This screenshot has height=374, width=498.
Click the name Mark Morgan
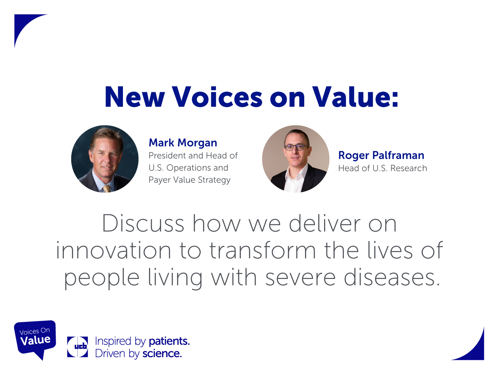coord(182,143)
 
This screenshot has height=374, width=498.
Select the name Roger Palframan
coord(381,155)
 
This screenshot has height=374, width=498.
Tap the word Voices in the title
coord(217,97)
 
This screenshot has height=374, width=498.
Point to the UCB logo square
coord(77,347)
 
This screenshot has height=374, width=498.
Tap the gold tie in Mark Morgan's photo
coord(107,188)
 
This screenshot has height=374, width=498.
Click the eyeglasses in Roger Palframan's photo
coord(297,147)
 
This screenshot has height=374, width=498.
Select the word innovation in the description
coord(113,251)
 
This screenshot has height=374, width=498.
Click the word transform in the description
coord(263,251)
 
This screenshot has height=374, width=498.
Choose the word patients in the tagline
coord(169,341)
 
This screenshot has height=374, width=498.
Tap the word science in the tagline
coord(162,354)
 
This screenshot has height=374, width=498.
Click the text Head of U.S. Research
coord(382,168)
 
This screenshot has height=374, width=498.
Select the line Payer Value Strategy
coord(189,180)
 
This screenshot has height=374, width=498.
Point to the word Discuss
coord(143,224)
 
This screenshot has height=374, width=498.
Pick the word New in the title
coord(135,97)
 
